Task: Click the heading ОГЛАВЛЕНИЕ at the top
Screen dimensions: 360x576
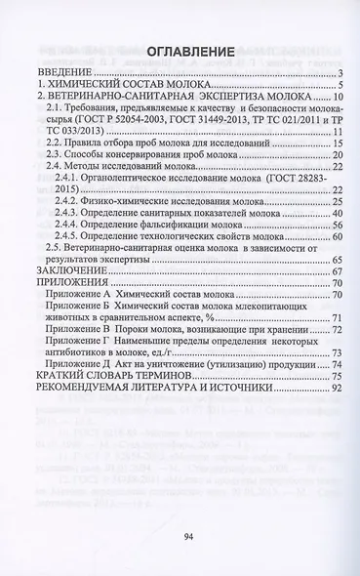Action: [x=180, y=50]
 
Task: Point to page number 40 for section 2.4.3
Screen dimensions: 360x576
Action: [x=332, y=212]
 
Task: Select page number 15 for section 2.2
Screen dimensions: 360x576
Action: [x=332, y=143]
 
